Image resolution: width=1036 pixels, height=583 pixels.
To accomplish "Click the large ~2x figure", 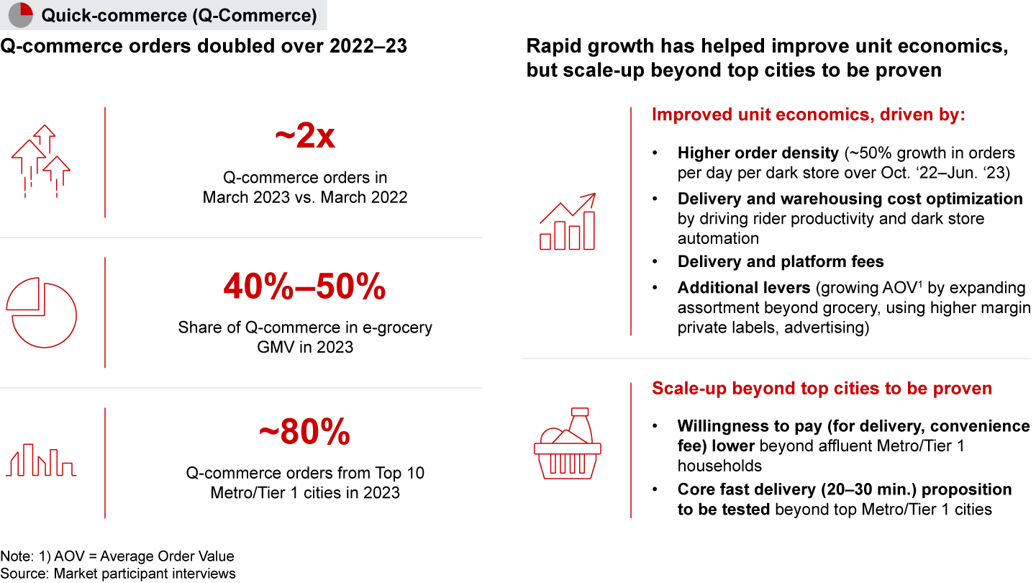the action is click(305, 135).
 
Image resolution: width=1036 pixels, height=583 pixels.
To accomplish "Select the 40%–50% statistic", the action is click(304, 286).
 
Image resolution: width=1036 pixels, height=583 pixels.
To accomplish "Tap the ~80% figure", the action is click(304, 432).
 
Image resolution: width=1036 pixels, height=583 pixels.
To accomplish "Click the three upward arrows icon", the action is click(41, 161).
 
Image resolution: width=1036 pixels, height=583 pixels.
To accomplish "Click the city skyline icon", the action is click(41, 460).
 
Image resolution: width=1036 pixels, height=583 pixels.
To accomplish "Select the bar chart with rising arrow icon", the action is click(568, 222).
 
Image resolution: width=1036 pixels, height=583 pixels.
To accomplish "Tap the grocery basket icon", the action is click(568, 443).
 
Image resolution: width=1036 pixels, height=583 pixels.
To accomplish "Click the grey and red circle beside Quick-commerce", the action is click(21, 15).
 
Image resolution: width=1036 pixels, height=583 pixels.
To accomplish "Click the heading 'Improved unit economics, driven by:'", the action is click(809, 114).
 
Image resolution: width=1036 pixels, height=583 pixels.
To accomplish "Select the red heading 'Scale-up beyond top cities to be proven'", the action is click(822, 388).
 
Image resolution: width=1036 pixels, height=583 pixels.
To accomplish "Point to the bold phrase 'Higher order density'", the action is click(758, 153).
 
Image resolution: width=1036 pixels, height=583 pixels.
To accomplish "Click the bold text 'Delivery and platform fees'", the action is click(781, 261).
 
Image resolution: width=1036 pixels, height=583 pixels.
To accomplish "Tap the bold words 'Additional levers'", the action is click(744, 288).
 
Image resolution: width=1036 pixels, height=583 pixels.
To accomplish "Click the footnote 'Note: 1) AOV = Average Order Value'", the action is click(117, 556).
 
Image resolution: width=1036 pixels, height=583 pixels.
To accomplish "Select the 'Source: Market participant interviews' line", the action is click(118, 574).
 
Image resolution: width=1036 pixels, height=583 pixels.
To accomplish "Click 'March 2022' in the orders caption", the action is click(364, 197).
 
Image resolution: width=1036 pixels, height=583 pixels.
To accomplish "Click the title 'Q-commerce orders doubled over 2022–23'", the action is click(204, 46).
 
